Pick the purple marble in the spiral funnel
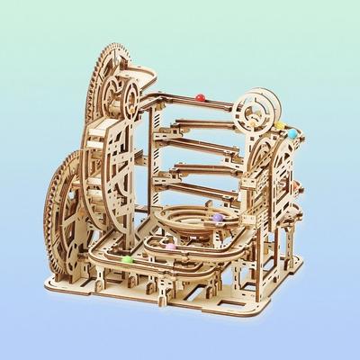(216, 216)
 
